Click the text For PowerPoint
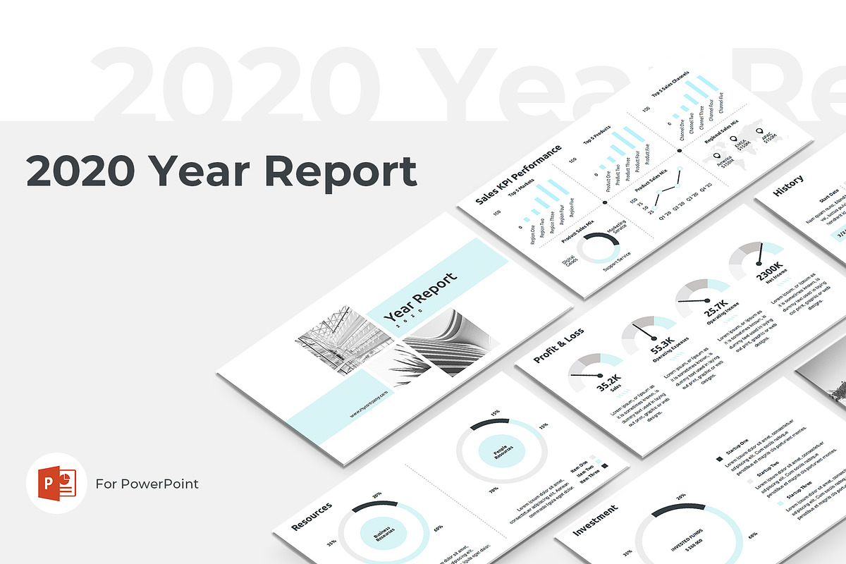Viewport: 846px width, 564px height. [x=147, y=484]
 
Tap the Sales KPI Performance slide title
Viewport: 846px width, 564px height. [x=518, y=175]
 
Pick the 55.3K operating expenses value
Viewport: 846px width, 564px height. [x=662, y=346]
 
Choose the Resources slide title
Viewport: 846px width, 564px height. [x=312, y=517]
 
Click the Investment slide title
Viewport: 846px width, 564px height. [x=595, y=520]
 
